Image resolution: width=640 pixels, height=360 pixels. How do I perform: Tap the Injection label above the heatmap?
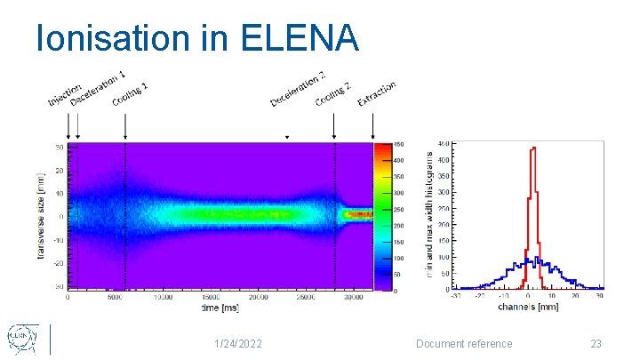point(64,89)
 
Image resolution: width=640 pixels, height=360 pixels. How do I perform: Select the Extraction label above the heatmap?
point(377,93)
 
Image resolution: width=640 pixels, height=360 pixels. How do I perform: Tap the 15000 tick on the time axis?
point(211,298)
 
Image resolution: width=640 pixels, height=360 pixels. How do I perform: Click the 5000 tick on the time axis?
point(116,298)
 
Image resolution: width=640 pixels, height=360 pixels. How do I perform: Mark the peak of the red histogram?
point(532,149)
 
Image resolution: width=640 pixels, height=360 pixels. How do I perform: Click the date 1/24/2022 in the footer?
point(239,344)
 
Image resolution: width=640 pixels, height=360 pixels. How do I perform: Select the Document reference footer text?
point(465,344)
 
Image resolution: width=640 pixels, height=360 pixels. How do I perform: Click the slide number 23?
point(596,344)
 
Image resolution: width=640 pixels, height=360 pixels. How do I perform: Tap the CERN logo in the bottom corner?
point(23,339)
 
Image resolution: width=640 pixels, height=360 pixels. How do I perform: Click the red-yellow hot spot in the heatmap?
point(356,214)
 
